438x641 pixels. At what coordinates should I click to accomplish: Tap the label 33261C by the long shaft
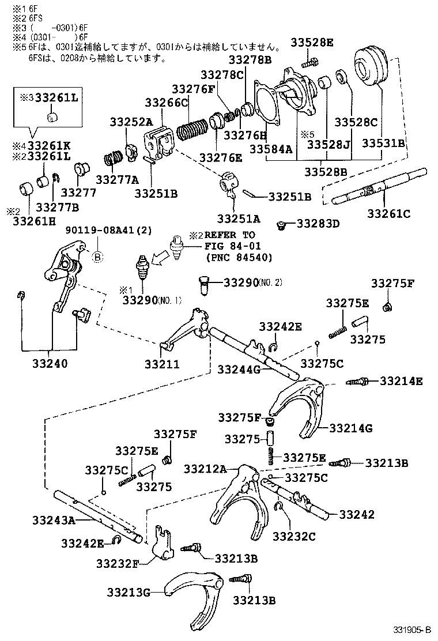tap(389, 214)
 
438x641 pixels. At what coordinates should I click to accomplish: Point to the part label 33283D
tap(318, 223)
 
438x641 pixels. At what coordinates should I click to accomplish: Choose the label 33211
tap(162, 364)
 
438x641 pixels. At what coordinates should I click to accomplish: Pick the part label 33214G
tap(351, 428)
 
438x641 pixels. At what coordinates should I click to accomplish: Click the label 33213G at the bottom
tap(128, 591)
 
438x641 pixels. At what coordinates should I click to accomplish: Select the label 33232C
tap(294, 536)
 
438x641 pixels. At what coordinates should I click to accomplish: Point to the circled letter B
tap(97, 258)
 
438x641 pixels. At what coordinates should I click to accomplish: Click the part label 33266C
tap(167, 103)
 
